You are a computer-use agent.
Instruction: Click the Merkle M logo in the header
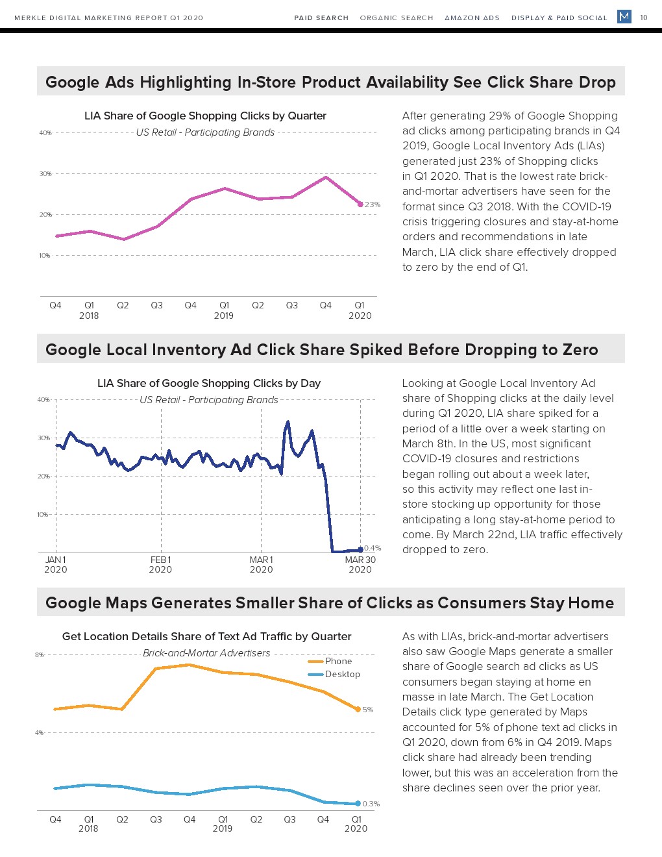624,16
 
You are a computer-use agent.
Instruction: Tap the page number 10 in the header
644,18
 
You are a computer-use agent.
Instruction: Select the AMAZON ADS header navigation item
472,18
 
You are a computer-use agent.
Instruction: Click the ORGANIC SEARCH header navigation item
397,18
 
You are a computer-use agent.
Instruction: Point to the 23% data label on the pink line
373,205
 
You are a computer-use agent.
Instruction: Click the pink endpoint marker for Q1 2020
360,205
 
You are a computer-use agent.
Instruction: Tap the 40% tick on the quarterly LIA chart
45,133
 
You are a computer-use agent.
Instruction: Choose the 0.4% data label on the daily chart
373,548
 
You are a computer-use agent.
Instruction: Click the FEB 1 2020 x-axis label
160,564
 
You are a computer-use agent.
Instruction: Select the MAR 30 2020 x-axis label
360,564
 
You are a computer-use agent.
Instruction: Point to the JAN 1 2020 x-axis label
56,564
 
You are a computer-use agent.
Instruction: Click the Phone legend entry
338,661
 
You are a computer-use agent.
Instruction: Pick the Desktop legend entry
342,674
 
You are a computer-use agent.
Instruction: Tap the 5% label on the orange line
368,710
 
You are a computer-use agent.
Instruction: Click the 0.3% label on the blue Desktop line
371,804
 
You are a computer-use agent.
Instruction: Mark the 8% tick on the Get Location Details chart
40,655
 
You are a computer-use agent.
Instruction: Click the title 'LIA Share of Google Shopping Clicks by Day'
209,383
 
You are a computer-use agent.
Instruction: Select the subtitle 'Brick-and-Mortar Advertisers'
206,653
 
